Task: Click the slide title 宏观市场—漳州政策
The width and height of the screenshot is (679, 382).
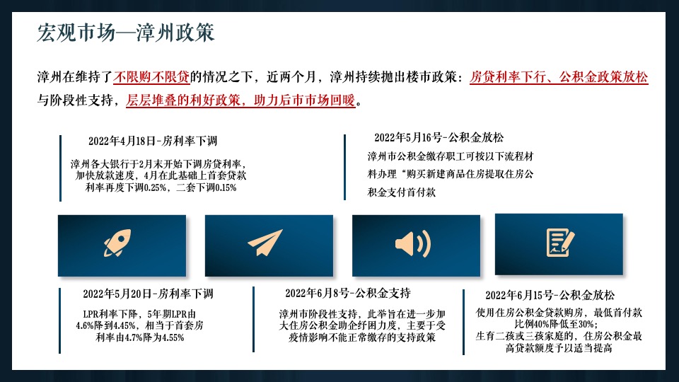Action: pos(126,34)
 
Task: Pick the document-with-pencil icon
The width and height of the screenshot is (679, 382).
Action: pos(559,243)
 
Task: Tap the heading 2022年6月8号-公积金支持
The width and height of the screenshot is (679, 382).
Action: pos(348,293)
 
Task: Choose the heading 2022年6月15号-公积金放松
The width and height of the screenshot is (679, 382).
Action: pos(550,295)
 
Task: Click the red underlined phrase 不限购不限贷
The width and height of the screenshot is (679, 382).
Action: pos(151,77)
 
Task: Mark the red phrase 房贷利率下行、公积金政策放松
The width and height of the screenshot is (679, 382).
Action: pos(559,77)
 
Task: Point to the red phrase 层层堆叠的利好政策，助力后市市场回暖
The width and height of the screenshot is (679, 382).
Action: pos(241,100)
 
